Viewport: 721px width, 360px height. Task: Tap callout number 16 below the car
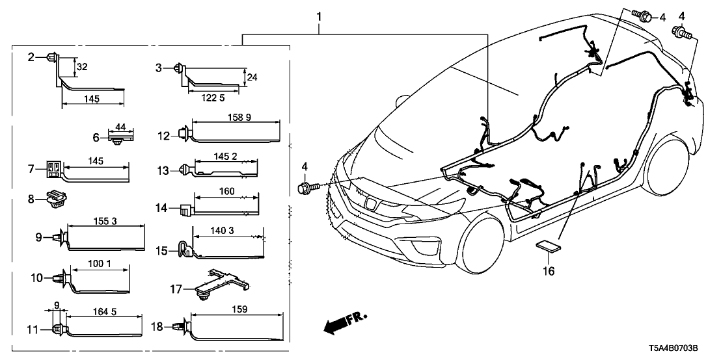[549, 270]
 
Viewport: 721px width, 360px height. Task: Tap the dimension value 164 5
[104, 312]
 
